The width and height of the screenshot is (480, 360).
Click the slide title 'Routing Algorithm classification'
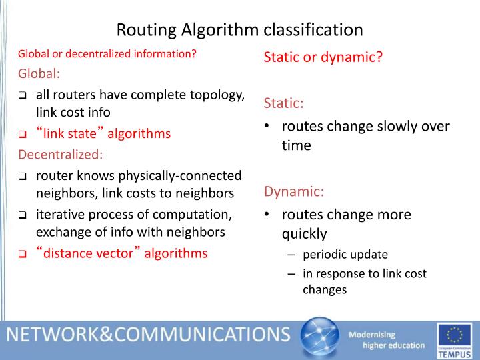pyautogui.click(x=240, y=30)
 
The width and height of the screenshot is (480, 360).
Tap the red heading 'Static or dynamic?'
pyautogui.click(x=323, y=57)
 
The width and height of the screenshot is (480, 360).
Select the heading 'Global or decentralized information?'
pyautogui.click(x=107, y=54)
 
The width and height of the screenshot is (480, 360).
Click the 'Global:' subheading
pyautogui.click(x=39, y=73)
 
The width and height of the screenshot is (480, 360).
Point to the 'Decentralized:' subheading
pyautogui.click(x=61, y=155)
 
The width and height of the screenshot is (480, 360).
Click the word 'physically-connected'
pyautogui.click(x=180, y=176)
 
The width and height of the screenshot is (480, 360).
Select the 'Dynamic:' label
pyautogui.click(x=294, y=192)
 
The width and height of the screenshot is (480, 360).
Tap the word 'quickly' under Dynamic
pyautogui.click(x=304, y=234)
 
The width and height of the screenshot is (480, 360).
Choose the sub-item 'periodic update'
pyautogui.click(x=345, y=255)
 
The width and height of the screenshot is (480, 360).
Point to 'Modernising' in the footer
pyautogui.click(x=373, y=334)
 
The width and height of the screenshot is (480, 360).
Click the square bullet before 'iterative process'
pyautogui.click(x=22, y=215)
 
